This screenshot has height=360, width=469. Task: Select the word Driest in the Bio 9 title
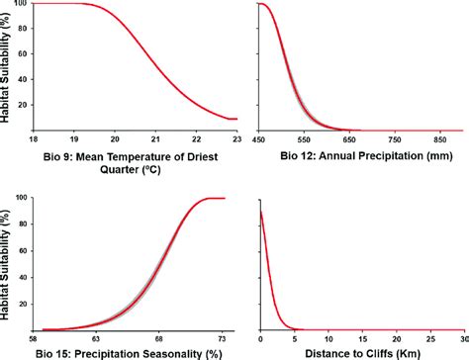pos(188,153)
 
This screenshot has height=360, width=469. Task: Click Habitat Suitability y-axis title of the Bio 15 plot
pos(8,262)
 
